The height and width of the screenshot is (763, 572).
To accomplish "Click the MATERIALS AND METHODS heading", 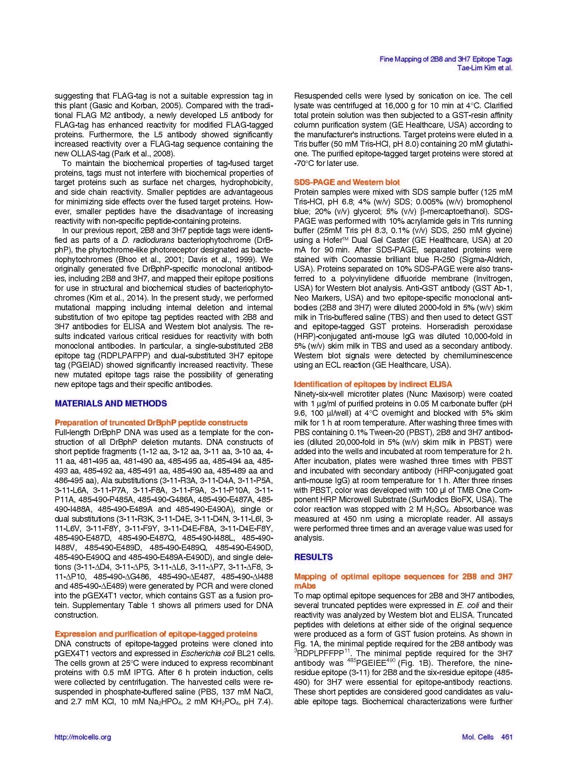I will click(111, 403).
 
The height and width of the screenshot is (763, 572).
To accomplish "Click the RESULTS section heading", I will click(313, 557).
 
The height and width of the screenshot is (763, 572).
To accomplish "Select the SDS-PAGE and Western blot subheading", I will click(347, 182).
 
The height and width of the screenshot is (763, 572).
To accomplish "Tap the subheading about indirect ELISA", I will click(373, 384).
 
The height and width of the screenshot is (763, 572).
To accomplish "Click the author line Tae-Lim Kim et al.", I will click(484, 68).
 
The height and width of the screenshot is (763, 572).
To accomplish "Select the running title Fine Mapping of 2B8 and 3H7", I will click(446, 59).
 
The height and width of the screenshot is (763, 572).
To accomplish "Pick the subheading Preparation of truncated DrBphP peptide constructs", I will click(151, 423).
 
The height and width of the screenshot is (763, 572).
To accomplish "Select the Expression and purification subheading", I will click(156, 634).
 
